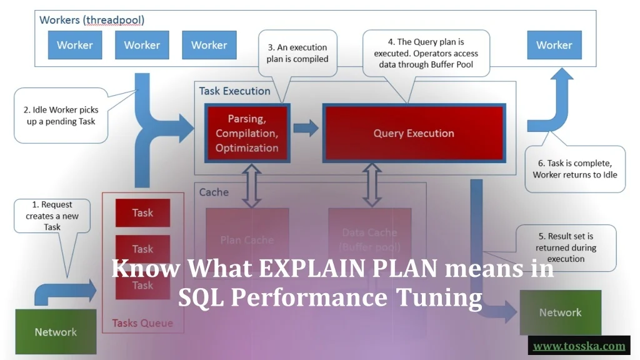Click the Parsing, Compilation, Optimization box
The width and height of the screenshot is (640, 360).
tap(247, 133)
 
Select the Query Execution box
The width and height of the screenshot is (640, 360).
tap(414, 133)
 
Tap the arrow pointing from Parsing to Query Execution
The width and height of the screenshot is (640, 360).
tap(306, 129)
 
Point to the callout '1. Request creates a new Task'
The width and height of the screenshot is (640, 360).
tap(52, 215)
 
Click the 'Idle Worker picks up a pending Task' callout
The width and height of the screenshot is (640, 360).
tap(61, 116)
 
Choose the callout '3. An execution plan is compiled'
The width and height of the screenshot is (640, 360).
tap(297, 53)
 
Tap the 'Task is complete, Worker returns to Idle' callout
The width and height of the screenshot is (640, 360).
tap(574, 169)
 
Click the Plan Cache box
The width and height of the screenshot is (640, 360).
tap(247, 239)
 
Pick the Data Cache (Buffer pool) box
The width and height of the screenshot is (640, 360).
tap(369, 239)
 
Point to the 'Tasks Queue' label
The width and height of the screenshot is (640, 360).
tap(142, 323)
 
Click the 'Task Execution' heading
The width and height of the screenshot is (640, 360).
tap(234, 91)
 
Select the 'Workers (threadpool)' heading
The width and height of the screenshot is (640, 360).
tap(92, 20)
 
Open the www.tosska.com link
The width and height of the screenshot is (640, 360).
tap(579, 346)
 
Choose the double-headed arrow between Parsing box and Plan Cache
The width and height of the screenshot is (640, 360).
tap(251, 185)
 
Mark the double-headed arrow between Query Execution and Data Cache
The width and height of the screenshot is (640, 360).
tap(373, 185)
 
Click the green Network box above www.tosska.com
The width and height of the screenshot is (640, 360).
tap(560, 312)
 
